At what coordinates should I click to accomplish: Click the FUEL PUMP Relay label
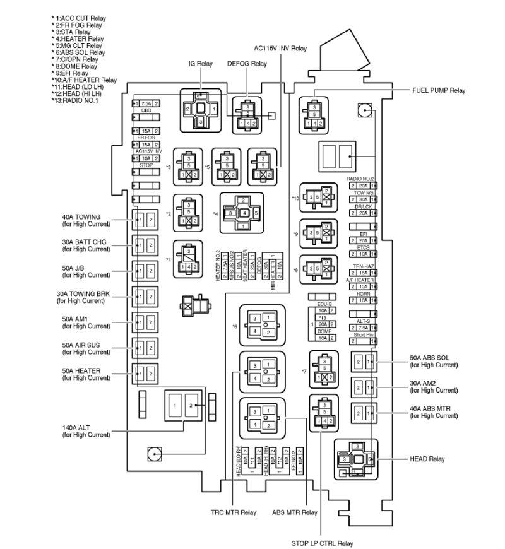pyautogui.click(x=439, y=91)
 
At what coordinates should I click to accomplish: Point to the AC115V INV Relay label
pyautogui.click(x=280, y=48)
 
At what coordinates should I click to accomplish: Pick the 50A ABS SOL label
pyautogui.click(x=433, y=361)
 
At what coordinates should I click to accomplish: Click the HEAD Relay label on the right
pyautogui.click(x=428, y=459)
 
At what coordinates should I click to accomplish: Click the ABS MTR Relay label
pyautogui.click(x=295, y=512)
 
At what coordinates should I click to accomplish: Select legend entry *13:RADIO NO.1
pyautogui.click(x=77, y=100)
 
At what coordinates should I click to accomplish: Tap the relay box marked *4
pyautogui.click(x=241, y=213)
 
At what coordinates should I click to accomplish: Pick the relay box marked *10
pyautogui.click(x=319, y=197)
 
